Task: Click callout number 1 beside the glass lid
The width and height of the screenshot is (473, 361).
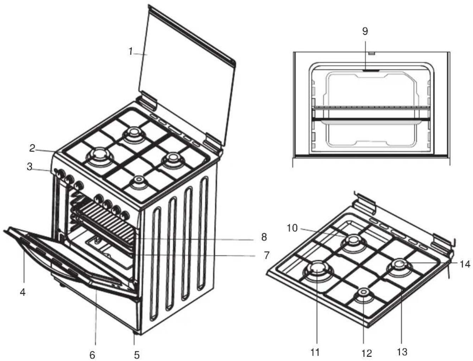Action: [x=130, y=51]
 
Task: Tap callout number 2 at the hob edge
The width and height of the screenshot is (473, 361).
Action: [x=32, y=148]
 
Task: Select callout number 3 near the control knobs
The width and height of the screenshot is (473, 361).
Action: [x=29, y=166]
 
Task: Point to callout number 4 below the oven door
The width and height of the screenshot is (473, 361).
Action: [x=23, y=292]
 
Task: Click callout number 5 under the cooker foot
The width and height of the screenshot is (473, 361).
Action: [x=137, y=355]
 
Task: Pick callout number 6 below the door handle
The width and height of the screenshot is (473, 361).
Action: [x=92, y=355]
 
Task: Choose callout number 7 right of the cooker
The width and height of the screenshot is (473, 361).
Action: [x=267, y=255]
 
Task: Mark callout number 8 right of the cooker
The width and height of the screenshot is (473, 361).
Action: [x=264, y=237]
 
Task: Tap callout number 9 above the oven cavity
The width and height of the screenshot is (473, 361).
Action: [x=365, y=31]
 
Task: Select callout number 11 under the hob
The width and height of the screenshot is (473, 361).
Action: [x=315, y=352]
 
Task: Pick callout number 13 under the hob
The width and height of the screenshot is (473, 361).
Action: [x=402, y=352]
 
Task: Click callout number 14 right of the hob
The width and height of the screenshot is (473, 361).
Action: [x=465, y=264]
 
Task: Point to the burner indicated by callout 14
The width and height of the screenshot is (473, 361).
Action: [x=399, y=267]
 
